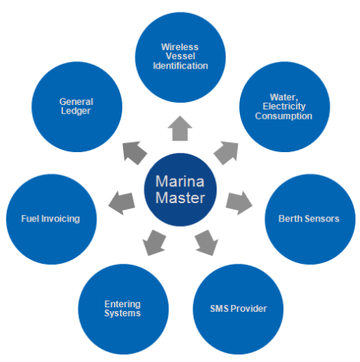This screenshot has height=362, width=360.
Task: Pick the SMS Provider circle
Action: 238,307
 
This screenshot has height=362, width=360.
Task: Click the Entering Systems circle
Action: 122,307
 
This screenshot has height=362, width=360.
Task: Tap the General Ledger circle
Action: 74,106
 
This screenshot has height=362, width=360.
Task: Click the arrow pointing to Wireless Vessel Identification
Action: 180,129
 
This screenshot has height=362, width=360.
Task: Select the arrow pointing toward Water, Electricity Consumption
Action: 226,151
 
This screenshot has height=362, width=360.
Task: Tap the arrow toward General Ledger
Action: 134,151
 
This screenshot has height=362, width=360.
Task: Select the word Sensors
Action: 324,219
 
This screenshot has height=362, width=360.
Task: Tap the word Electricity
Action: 283,106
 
